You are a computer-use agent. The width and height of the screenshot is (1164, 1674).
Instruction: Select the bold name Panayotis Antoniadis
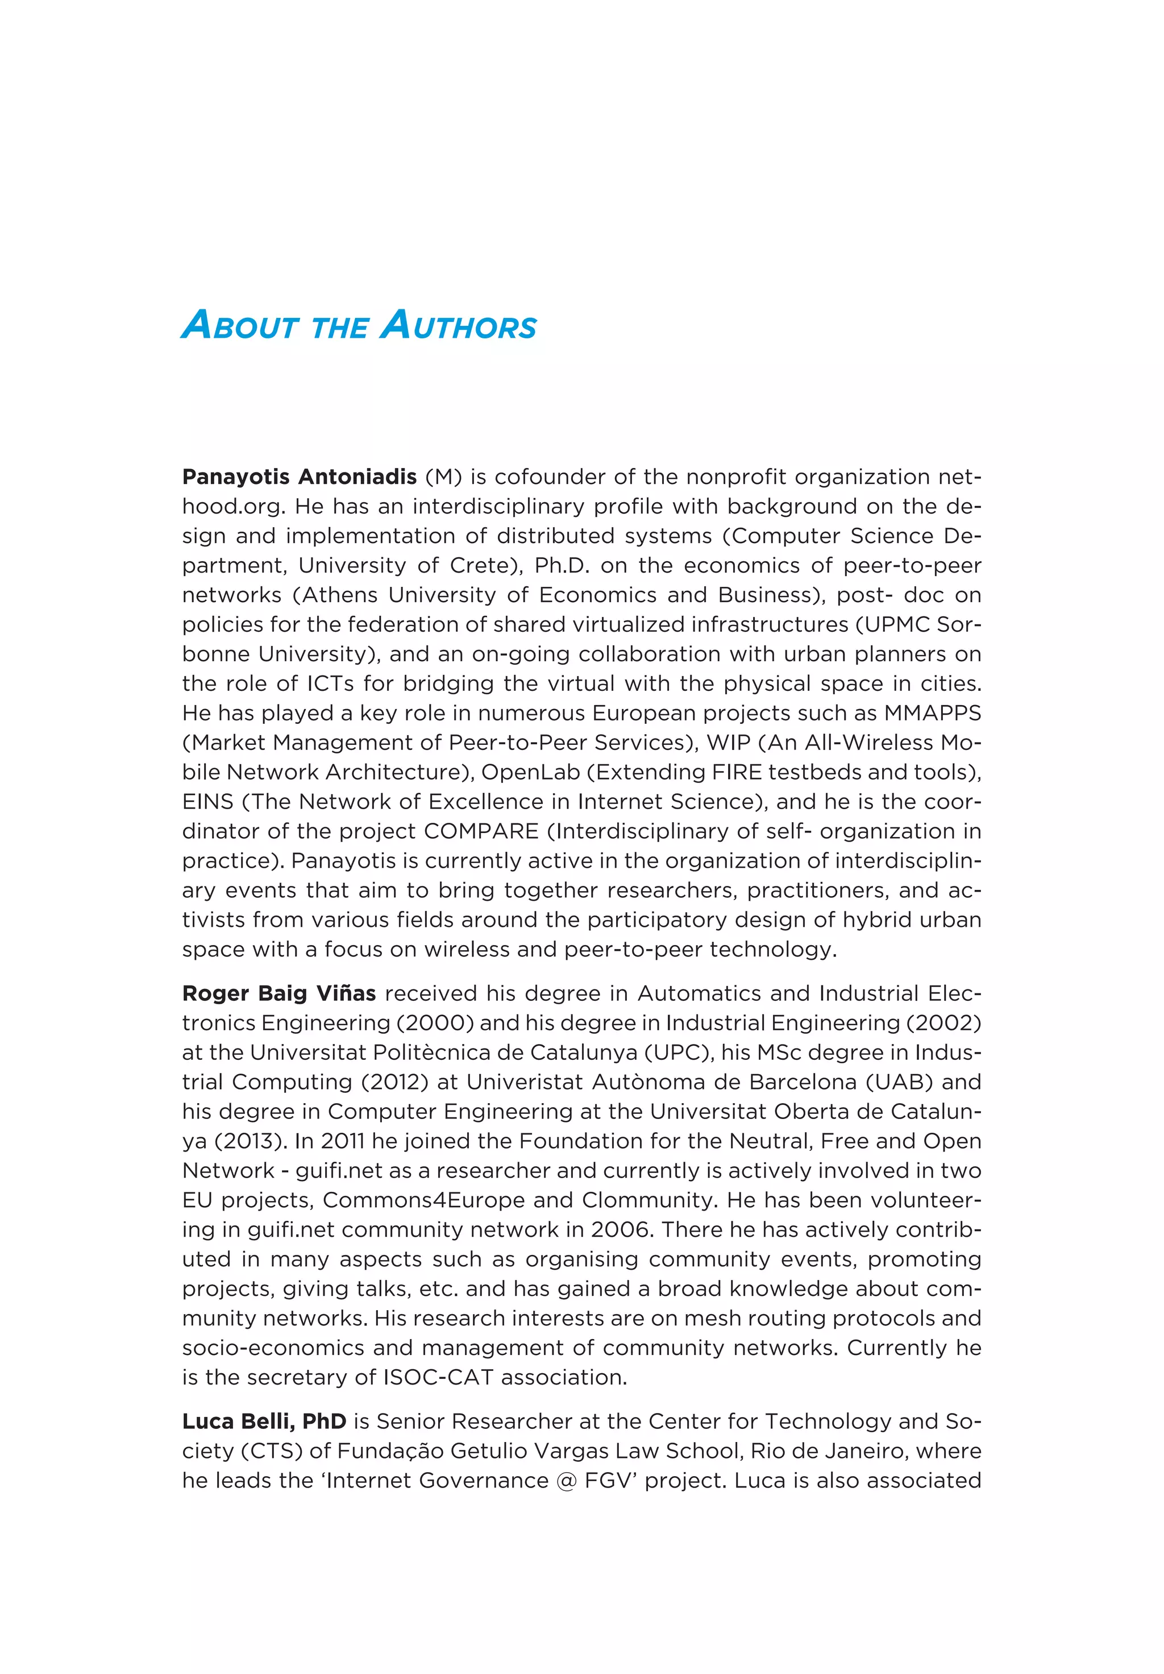click(x=299, y=477)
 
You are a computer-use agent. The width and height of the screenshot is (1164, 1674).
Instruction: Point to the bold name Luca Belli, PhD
click(x=264, y=1421)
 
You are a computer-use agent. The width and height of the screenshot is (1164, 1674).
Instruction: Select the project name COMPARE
click(x=481, y=831)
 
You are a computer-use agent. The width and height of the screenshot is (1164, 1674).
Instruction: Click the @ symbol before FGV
click(x=566, y=1481)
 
